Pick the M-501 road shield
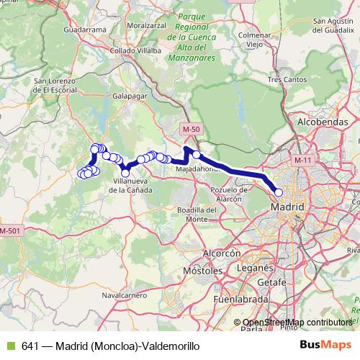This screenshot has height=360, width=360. click(x=11, y=230)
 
